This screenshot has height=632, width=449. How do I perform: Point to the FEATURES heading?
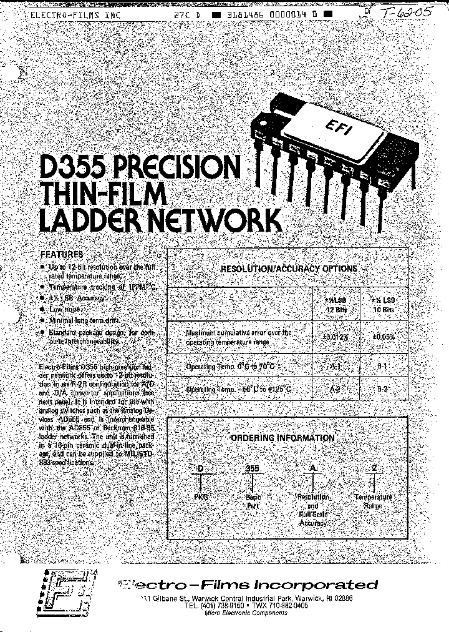point(62,255)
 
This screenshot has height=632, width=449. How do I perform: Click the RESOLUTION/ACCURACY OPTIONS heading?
point(289,269)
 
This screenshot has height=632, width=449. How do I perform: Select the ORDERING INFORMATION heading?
point(282,438)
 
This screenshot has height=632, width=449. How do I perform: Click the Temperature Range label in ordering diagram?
point(374,501)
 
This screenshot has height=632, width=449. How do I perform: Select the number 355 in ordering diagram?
point(253,467)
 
